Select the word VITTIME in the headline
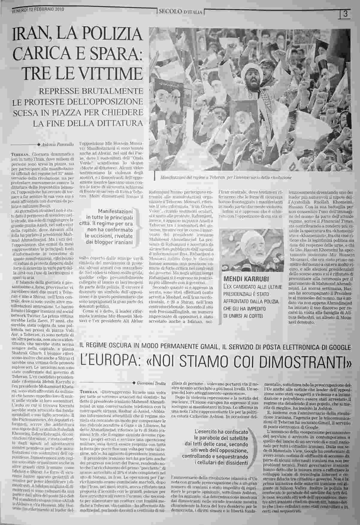(109, 73)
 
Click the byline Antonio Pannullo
(61, 145)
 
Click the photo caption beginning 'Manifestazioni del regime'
(226, 177)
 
